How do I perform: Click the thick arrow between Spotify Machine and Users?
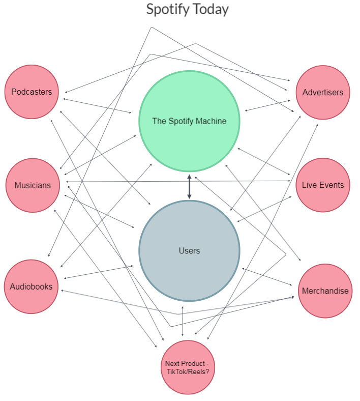coord(189,187)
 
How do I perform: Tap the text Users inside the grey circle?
coord(189,250)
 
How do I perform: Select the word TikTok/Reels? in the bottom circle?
coord(187,371)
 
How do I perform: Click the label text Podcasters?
coord(32,92)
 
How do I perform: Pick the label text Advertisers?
coord(323,93)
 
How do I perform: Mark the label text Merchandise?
coord(325,291)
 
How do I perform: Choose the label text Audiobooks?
coord(31,287)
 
